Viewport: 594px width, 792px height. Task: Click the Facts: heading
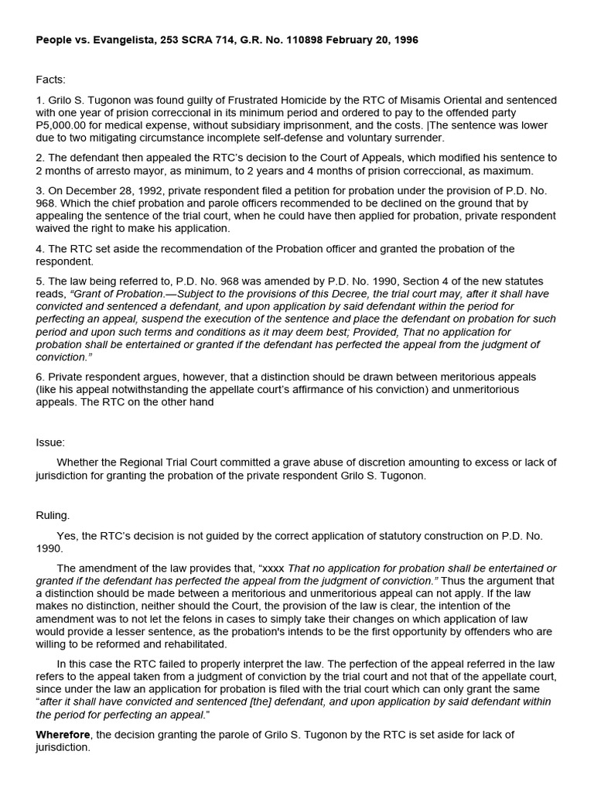click(x=50, y=80)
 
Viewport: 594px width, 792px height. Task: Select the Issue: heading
click(x=50, y=442)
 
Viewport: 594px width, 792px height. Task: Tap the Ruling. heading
click(x=53, y=514)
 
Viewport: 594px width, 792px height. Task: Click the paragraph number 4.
click(x=39, y=249)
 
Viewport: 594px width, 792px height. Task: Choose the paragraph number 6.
click(x=39, y=377)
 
